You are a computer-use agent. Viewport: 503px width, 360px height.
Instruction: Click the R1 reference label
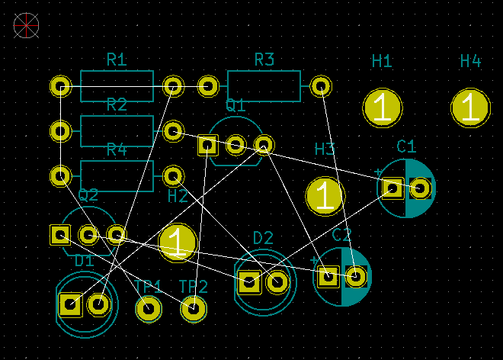coord(117,60)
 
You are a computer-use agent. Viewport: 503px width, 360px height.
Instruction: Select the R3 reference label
coord(264,60)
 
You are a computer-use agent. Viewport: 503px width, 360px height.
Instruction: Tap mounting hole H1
coord(382,108)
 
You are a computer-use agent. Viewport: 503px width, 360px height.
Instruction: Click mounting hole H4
coord(470,108)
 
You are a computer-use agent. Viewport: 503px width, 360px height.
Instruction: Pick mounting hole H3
coord(325,196)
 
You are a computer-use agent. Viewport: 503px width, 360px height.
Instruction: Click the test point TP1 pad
coord(148,309)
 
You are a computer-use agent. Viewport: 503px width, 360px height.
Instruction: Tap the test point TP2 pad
coord(194,309)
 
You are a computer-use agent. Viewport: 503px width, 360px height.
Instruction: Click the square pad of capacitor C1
coord(392,188)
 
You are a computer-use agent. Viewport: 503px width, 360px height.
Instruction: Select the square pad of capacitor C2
coord(328,276)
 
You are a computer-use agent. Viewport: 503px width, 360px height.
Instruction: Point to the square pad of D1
coord(70,305)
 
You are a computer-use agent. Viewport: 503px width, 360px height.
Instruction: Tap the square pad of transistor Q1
coord(207,144)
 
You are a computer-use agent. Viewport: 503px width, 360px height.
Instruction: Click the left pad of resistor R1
coord(60,86)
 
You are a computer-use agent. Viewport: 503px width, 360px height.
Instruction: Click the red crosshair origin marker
coord(26,26)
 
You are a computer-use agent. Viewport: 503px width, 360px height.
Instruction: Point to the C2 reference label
coord(341,235)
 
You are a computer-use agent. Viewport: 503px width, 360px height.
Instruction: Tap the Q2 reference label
coord(88,194)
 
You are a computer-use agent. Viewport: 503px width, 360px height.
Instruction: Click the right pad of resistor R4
coord(173,176)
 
